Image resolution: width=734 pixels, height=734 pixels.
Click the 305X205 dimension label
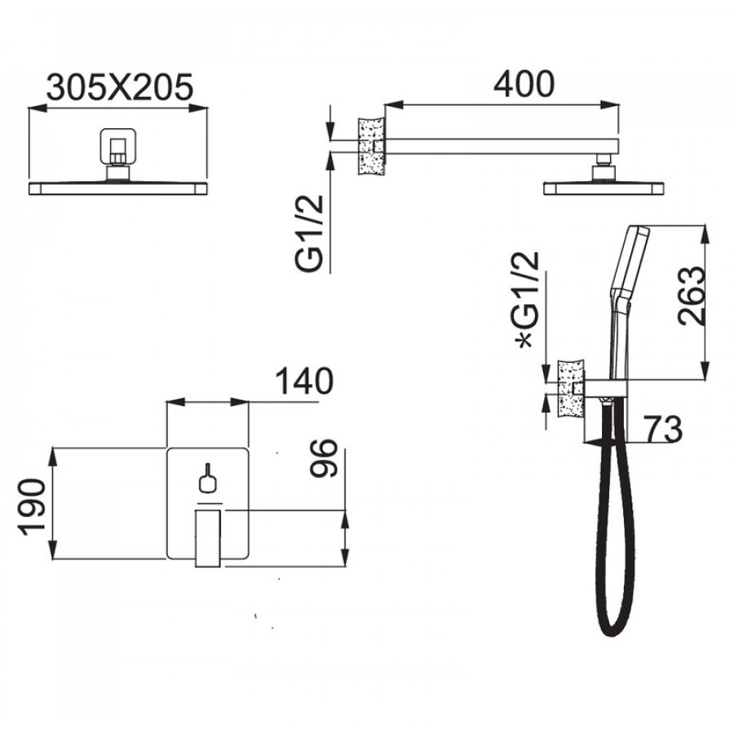pos(120,87)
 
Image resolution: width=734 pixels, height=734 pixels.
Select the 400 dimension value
pos(524,84)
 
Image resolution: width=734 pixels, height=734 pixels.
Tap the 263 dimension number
pos(692,296)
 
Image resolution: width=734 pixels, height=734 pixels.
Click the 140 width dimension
pos(304,381)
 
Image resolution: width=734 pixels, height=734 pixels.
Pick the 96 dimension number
pos(324,458)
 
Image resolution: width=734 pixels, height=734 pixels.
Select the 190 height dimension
pos(32,507)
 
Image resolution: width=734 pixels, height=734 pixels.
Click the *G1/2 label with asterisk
pos(527,300)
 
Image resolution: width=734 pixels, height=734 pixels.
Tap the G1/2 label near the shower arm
pos(309,233)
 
